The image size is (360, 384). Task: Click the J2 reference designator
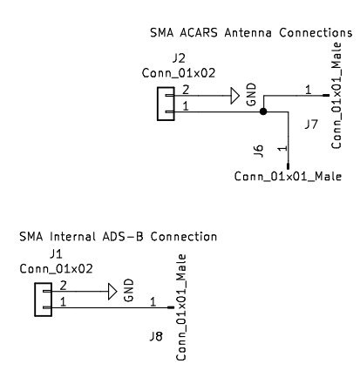point(179,58)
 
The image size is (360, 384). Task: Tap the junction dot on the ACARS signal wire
point(263,111)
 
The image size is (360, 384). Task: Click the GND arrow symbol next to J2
point(235,96)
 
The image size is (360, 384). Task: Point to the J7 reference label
point(311,125)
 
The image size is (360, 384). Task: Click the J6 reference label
point(258,151)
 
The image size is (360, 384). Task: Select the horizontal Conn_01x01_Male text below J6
point(288,176)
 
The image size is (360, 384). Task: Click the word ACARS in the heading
point(199,32)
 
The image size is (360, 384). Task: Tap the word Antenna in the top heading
point(248,32)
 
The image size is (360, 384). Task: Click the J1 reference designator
point(56,254)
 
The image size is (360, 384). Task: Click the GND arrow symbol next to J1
point(112,292)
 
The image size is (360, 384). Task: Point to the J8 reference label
point(156,337)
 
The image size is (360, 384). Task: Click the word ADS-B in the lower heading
point(123,237)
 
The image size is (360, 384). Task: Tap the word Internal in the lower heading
point(72,237)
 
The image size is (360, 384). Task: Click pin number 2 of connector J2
point(186,90)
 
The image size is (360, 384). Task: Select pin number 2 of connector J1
point(63,286)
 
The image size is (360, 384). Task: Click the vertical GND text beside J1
point(129,290)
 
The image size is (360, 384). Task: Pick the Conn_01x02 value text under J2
point(179,73)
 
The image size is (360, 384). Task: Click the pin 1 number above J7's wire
point(308,90)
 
